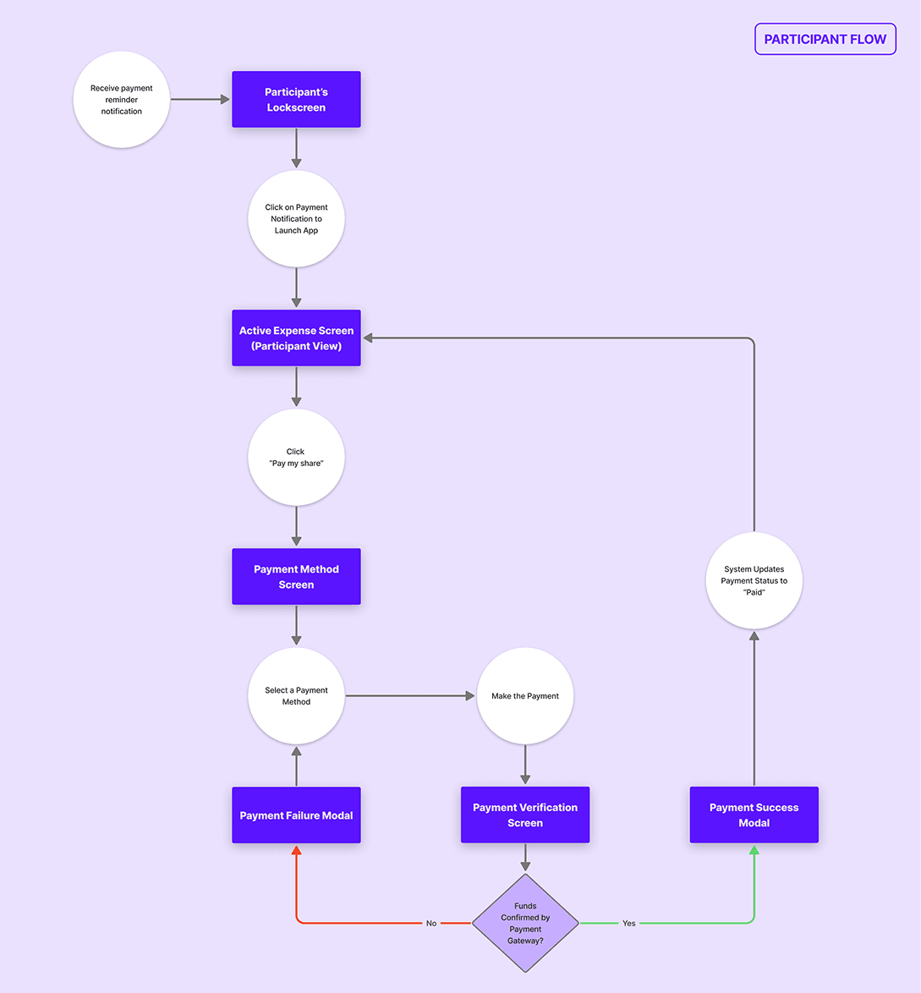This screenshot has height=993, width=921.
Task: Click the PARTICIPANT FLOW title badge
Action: click(x=825, y=39)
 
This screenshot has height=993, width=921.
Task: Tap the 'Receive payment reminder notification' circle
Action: click(x=122, y=100)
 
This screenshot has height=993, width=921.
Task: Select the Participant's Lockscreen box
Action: click(x=296, y=100)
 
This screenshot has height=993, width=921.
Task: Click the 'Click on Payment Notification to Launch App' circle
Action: click(x=296, y=219)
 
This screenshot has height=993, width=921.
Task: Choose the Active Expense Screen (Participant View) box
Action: click(x=296, y=338)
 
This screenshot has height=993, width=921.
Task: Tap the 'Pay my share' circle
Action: click(x=296, y=458)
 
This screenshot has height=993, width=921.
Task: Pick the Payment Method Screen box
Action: click(x=296, y=577)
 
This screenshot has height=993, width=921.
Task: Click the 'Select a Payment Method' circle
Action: click(x=296, y=696)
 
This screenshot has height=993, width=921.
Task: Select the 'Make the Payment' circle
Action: click(x=525, y=696)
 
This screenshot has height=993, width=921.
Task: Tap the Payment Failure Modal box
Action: click(x=296, y=815)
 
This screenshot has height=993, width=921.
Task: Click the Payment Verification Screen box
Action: click(x=525, y=815)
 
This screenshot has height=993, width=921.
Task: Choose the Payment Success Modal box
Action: click(x=754, y=815)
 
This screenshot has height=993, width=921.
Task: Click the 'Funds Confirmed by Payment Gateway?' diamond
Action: click(x=525, y=923)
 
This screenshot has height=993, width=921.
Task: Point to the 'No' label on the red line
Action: click(x=431, y=923)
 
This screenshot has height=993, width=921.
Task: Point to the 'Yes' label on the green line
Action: click(x=628, y=923)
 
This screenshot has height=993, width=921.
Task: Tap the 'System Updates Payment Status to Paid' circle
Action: click(x=754, y=581)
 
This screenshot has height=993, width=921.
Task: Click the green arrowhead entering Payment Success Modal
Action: click(x=754, y=849)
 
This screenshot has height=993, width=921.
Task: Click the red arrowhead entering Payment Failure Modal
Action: click(x=296, y=849)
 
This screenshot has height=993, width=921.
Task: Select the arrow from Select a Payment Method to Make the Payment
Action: click(x=410, y=696)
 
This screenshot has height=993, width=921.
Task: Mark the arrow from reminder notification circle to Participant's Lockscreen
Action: click(x=200, y=100)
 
